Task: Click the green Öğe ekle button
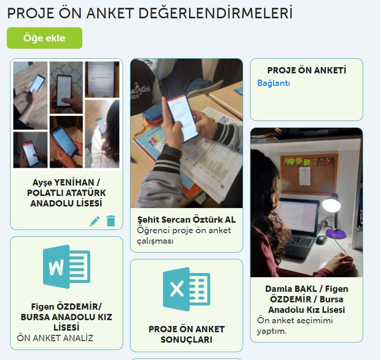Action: (x=45, y=38)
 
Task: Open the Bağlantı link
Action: (x=274, y=83)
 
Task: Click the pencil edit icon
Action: (x=94, y=221)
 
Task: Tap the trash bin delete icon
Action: (x=111, y=221)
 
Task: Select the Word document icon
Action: (x=67, y=267)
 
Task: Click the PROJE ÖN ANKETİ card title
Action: (x=307, y=70)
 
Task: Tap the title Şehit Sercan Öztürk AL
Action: (x=186, y=219)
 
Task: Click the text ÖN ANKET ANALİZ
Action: (x=55, y=338)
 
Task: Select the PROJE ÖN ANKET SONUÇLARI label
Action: (x=186, y=334)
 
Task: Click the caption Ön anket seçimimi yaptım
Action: (x=295, y=325)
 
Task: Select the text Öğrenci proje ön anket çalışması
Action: (x=183, y=235)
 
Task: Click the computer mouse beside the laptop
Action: (x=321, y=239)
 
